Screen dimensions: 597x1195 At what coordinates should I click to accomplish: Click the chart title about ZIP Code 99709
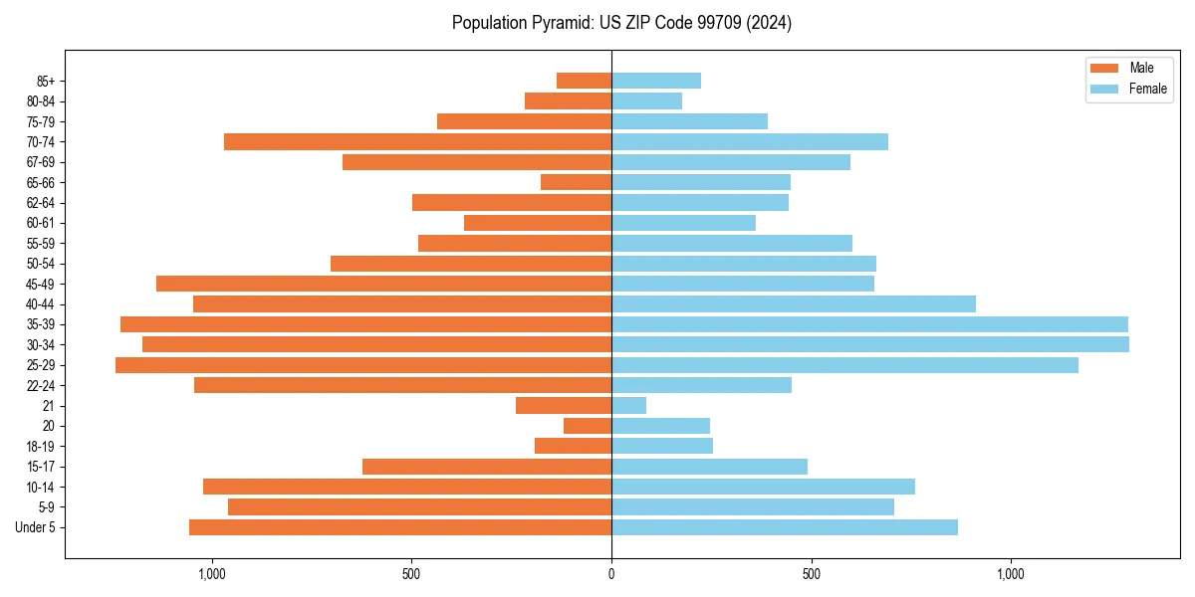[x=621, y=23]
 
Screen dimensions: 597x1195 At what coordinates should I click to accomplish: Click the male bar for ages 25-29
[x=363, y=365]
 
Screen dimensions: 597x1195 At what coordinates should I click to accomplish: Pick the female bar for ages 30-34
[x=870, y=344]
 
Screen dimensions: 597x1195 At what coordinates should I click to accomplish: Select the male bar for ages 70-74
[x=417, y=142]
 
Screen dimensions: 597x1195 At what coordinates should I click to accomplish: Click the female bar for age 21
[x=628, y=406]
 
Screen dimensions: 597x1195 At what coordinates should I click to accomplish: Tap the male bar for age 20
[x=588, y=426]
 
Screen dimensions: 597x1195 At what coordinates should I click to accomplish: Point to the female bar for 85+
[x=656, y=81]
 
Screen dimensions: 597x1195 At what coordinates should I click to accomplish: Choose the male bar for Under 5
[x=400, y=527]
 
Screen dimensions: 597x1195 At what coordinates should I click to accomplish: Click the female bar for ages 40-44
[x=794, y=304]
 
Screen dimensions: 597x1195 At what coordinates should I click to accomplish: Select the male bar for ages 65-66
[x=576, y=182]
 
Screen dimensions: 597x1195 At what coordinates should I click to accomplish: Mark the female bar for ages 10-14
[x=763, y=487]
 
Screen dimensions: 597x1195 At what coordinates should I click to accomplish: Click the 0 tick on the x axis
[x=611, y=573]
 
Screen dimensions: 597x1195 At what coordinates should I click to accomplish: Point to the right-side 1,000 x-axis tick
[x=1011, y=573]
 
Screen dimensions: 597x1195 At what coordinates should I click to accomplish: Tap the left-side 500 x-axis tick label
[x=411, y=573]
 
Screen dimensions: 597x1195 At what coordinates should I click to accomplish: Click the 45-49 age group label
[x=41, y=284]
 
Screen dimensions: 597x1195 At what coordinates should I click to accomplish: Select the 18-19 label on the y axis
[x=41, y=447]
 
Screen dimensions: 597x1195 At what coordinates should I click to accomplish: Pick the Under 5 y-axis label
[x=36, y=527]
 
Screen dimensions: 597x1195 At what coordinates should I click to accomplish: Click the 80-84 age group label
[x=41, y=101]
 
